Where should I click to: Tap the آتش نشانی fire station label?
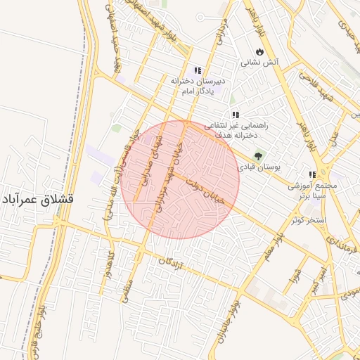tap(260, 62)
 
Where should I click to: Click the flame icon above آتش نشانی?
tap(260, 51)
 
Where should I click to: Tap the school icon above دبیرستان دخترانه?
tap(198, 70)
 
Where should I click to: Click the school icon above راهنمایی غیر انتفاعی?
tap(236, 114)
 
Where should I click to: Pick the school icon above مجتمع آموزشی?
tap(311, 174)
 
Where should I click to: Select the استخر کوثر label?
tap(308, 220)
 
